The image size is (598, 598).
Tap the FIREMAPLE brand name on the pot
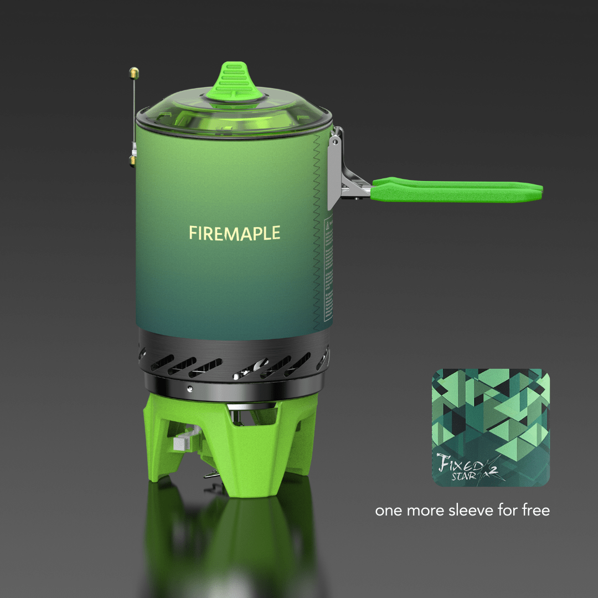point(234,233)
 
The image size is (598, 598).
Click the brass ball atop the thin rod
point(133,72)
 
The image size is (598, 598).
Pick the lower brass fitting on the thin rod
point(133,161)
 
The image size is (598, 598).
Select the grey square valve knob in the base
point(180,443)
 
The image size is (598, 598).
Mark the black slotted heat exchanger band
point(233,363)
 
